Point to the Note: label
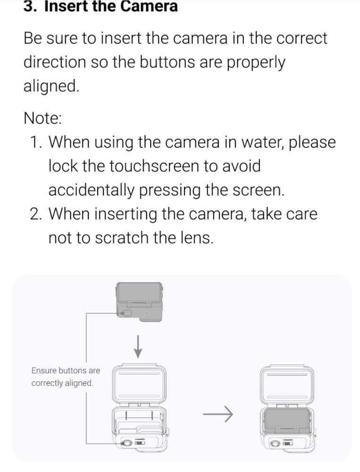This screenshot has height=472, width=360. (x=42, y=118)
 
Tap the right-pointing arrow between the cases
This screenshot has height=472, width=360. (x=218, y=414)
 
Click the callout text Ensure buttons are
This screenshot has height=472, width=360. (x=66, y=371)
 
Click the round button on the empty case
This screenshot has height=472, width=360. (x=126, y=444)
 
